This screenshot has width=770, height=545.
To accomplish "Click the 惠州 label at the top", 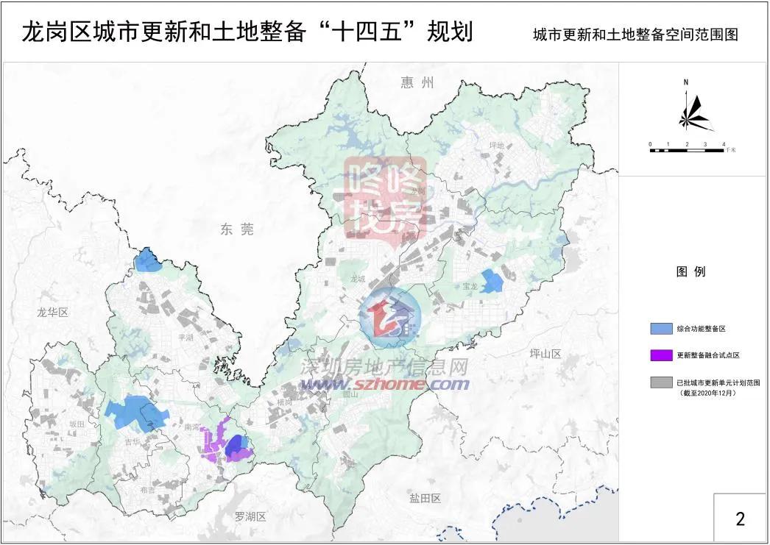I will click(x=418, y=82).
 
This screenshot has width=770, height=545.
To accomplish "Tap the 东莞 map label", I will click(x=236, y=230).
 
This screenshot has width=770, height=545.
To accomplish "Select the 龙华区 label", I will click(x=52, y=313).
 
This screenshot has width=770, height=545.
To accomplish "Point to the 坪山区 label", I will click(x=545, y=354).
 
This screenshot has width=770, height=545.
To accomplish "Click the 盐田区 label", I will click(x=425, y=499).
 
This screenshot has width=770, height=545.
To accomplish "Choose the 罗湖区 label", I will click(x=250, y=516).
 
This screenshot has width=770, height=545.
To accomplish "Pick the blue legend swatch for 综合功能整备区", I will click(x=660, y=328).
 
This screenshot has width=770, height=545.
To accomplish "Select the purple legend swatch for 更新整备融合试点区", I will click(x=660, y=355).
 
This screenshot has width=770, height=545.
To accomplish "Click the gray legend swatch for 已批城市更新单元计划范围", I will click(x=660, y=382).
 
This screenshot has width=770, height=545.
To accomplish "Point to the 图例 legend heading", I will click(x=690, y=272).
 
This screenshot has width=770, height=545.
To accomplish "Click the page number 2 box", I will click(x=740, y=518).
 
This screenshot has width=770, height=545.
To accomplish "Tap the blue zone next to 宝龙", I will click(x=491, y=282).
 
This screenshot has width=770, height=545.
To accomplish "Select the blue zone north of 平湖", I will click(x=148, y=260).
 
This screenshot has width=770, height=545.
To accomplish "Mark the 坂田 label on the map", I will click(x=77, y=424).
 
